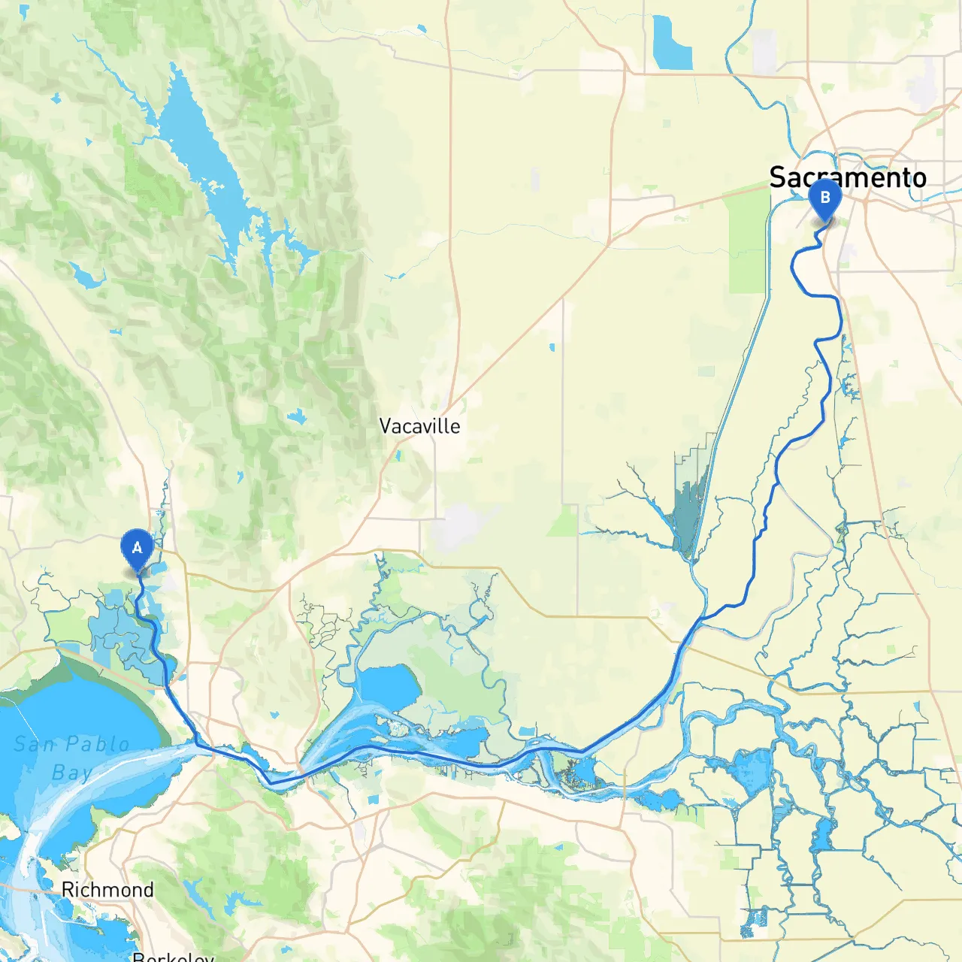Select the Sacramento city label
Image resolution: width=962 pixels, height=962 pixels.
coord(847,178)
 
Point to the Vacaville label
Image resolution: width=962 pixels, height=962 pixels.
coord(419,426)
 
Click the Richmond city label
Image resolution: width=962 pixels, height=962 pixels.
coord(107,890)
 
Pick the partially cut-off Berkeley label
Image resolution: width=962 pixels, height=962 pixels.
coord(173,956)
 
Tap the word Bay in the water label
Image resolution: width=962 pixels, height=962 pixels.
coord(72,773)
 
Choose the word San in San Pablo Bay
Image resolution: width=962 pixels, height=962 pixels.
coord(35,744)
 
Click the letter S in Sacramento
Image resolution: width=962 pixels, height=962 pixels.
coord(779,178)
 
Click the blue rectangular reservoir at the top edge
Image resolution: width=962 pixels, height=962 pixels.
coord(672,44)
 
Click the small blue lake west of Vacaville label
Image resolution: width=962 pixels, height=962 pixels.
coord(298,416)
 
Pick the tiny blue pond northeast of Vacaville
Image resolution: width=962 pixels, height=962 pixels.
coord(552,347)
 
